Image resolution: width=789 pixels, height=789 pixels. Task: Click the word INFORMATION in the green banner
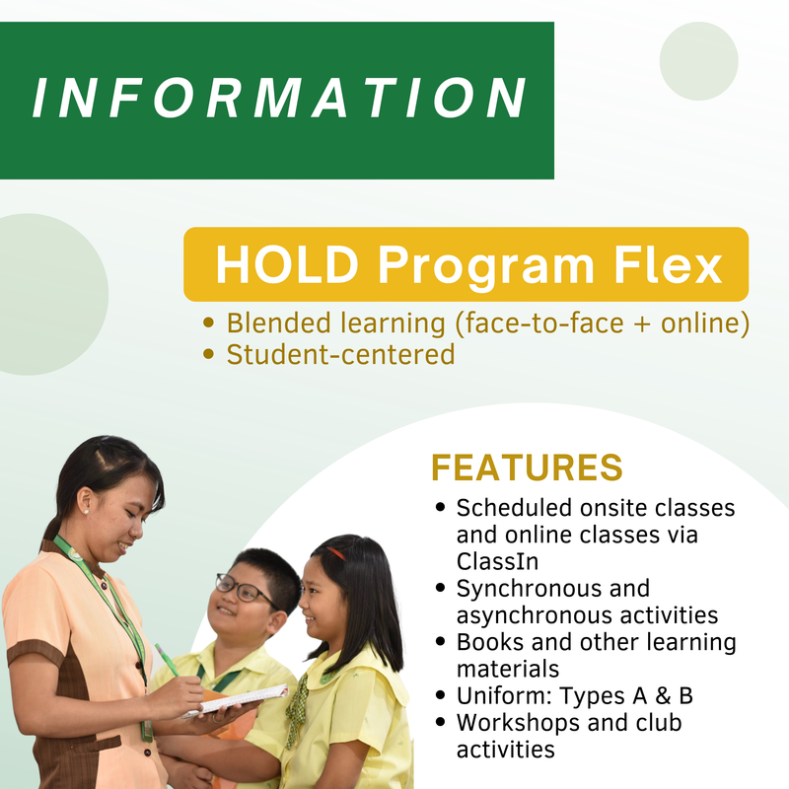(x=278, y=99)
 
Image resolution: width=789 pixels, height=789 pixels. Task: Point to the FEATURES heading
(x=527, y=466)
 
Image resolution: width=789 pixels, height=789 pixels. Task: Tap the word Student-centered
(x=340, y=354)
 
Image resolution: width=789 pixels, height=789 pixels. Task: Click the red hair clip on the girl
(x=336, y=554)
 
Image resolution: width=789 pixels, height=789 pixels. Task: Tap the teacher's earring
(x=86, y=511)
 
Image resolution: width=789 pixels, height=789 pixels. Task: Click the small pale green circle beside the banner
(x=698, y=61)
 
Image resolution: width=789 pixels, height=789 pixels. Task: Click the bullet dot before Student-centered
(x=208, y=355)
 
